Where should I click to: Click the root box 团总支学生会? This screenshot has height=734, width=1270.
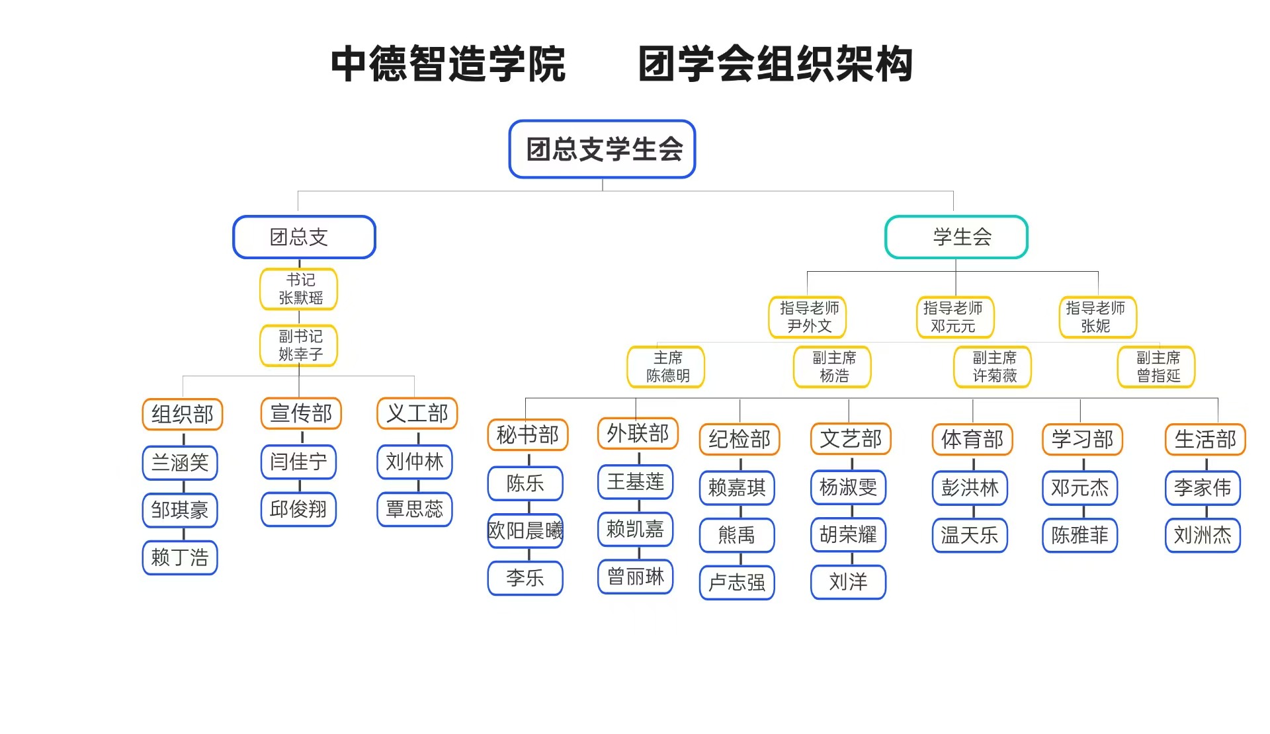[602, 149]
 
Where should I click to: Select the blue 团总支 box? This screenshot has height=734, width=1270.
[304, 237]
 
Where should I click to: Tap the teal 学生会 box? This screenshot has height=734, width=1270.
[956, 237]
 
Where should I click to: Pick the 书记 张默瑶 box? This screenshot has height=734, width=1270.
[299, 289]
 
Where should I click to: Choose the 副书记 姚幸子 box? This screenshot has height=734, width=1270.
[299, 345]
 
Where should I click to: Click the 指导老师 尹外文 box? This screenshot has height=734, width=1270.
[808, 317]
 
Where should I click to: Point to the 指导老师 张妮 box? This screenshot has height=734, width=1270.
[1097, 317]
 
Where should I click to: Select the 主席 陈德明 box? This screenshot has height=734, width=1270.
[666, 366]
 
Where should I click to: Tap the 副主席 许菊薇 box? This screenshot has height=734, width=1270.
[992, 366]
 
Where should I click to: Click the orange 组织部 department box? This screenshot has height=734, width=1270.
[183, 415]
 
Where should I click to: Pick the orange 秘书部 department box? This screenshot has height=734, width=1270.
[528, 435]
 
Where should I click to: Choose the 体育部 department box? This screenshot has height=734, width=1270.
[972, 439]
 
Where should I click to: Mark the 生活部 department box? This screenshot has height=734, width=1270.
[1205, 439]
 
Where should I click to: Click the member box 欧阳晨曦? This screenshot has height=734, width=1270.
[525, 530]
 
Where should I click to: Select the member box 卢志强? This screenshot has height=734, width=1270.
[737, 582]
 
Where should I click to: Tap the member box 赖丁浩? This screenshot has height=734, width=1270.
[180, 557]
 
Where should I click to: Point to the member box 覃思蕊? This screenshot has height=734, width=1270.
[415, 509]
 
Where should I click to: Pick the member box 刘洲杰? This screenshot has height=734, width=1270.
[1203, 535]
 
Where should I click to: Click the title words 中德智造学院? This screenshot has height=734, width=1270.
[448, 64]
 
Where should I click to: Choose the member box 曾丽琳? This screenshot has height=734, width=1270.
[636, 577]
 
